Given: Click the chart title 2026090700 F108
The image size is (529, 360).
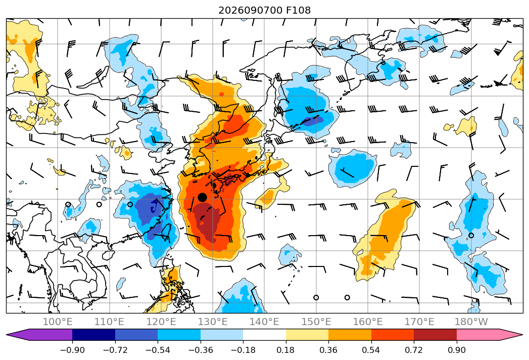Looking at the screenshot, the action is point(265,10).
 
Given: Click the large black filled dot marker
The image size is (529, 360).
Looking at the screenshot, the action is point(202,197).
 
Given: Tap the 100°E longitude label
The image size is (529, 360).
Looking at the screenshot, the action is point(58,322).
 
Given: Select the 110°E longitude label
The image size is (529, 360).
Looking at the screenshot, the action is point(109,322).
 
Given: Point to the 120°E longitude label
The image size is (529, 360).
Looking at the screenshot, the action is point(161,322).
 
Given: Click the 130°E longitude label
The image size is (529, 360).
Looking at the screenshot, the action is point(213,322).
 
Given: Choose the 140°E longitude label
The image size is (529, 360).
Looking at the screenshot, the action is point(264,322).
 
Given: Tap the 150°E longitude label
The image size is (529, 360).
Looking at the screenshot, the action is point(316,322).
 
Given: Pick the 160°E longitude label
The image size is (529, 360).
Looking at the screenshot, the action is point(368,322).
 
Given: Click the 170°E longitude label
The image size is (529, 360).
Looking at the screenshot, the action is point(419,322).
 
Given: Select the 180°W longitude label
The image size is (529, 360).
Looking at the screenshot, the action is point(471,322).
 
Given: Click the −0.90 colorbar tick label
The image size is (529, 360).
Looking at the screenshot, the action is point(72,350).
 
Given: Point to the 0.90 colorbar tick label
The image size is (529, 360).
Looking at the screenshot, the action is point(456,350).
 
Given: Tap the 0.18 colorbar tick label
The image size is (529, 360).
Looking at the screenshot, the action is point(286,350).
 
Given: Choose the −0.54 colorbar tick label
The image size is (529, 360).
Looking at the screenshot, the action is point(158,350).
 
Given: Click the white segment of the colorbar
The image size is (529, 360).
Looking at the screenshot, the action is point(265,334).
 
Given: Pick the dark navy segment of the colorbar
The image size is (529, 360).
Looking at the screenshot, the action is point(93,334).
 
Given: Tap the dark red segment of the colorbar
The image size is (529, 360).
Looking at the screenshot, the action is point(435,334).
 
